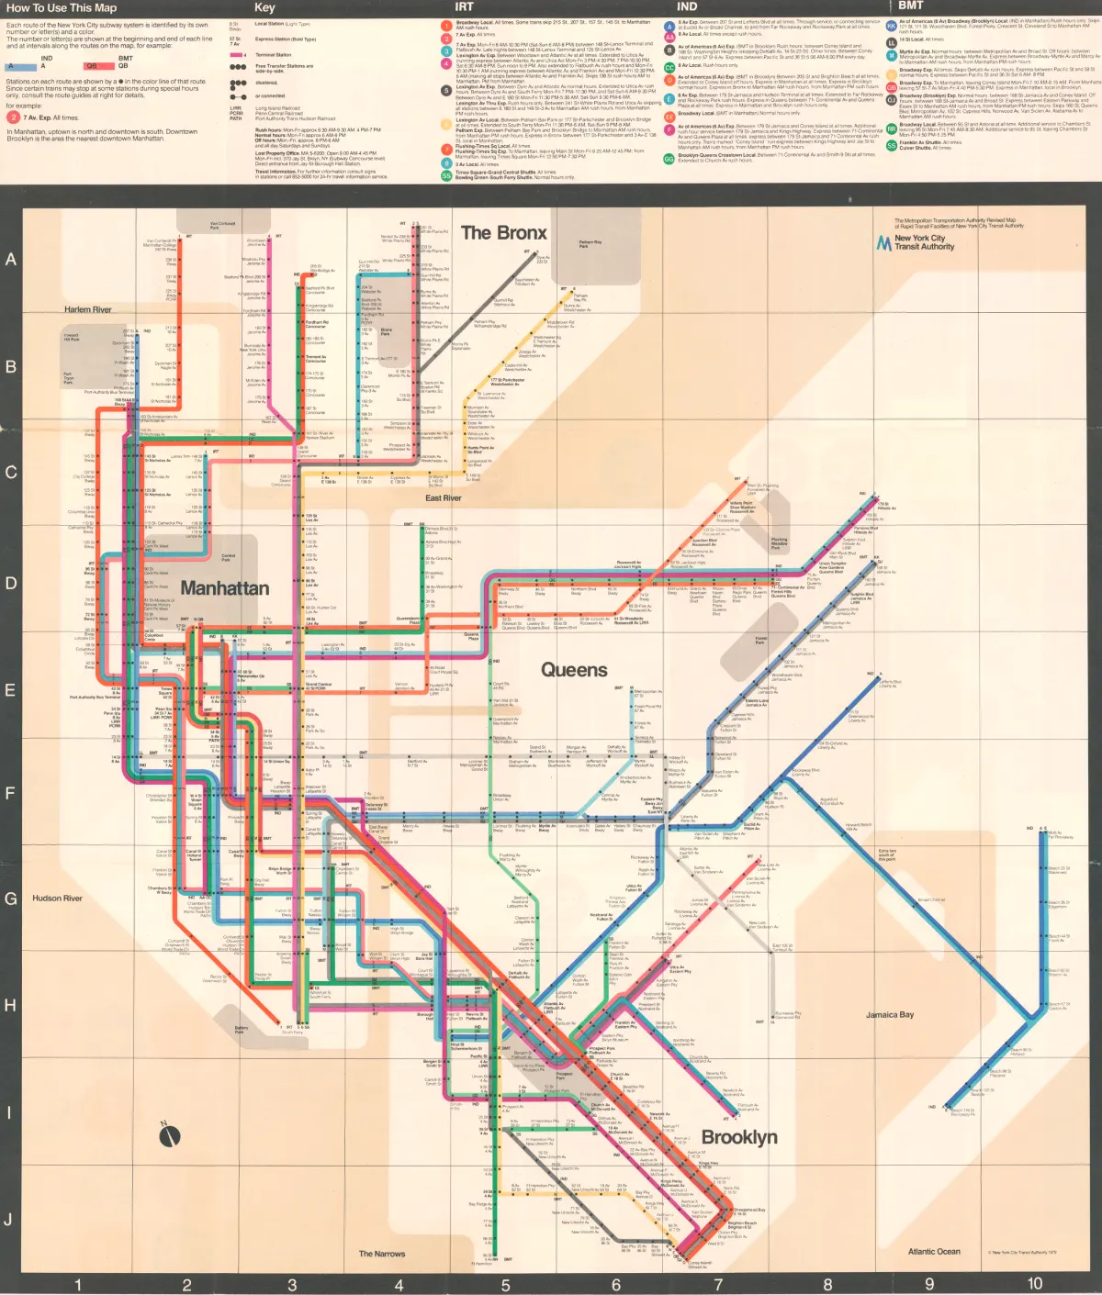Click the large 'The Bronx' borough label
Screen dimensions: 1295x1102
click(503, 233)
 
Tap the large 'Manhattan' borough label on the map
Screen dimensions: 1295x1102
click(225, 588)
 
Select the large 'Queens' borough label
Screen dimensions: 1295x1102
click(574, 670)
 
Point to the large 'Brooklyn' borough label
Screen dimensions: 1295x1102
click(739, 1138)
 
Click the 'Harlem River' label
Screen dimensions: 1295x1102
click(88, 309)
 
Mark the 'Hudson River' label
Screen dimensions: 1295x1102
click(57, 899)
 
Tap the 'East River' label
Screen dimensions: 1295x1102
click(444, 498)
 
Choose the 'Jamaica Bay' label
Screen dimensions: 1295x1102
click(890, 1015)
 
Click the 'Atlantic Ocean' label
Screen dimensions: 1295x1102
click(934, 1252)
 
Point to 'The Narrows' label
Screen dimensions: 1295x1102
click(382, 1254)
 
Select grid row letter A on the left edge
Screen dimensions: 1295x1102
click(11, 260)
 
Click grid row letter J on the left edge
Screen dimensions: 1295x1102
click(9, 1219)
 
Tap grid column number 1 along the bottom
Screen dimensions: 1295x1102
click(78, 1285)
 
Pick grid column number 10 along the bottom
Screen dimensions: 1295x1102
click(1035, 1284)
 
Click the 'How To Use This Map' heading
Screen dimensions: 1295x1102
click(62, 8)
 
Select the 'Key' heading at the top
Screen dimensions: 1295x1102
click(264, 7)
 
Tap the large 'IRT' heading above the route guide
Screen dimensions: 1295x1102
click(465, 7)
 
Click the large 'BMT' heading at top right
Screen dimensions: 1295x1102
click(911, 6)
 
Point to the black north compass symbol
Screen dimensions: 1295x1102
click(170, 1136)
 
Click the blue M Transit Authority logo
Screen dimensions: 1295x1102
click(884, 242)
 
